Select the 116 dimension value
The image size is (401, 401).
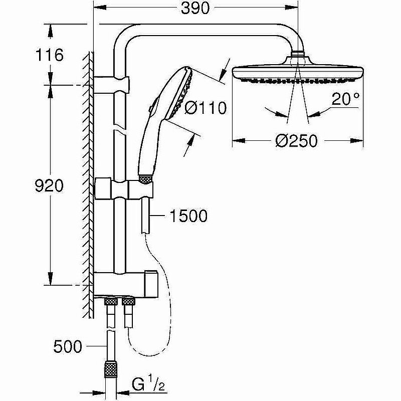coord(50,55)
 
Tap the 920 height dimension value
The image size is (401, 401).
coord(50,186)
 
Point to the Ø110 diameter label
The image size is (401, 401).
coord(206,107)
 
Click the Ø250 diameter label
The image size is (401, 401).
coord(297,141)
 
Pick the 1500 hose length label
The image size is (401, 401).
coord(188,216)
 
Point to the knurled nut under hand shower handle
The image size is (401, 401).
coord(145,178)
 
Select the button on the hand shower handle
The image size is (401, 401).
coord(152,107)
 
